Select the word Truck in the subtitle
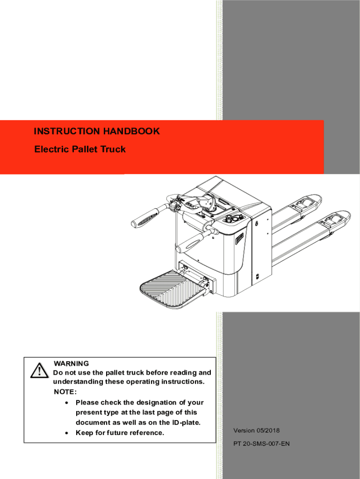115,150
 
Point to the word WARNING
71,363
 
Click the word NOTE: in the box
65,392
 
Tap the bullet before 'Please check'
68,403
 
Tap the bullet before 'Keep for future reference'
68,433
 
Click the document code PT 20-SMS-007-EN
261,443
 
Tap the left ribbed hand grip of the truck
145,217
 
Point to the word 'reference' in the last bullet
146,433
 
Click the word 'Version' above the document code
244,430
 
